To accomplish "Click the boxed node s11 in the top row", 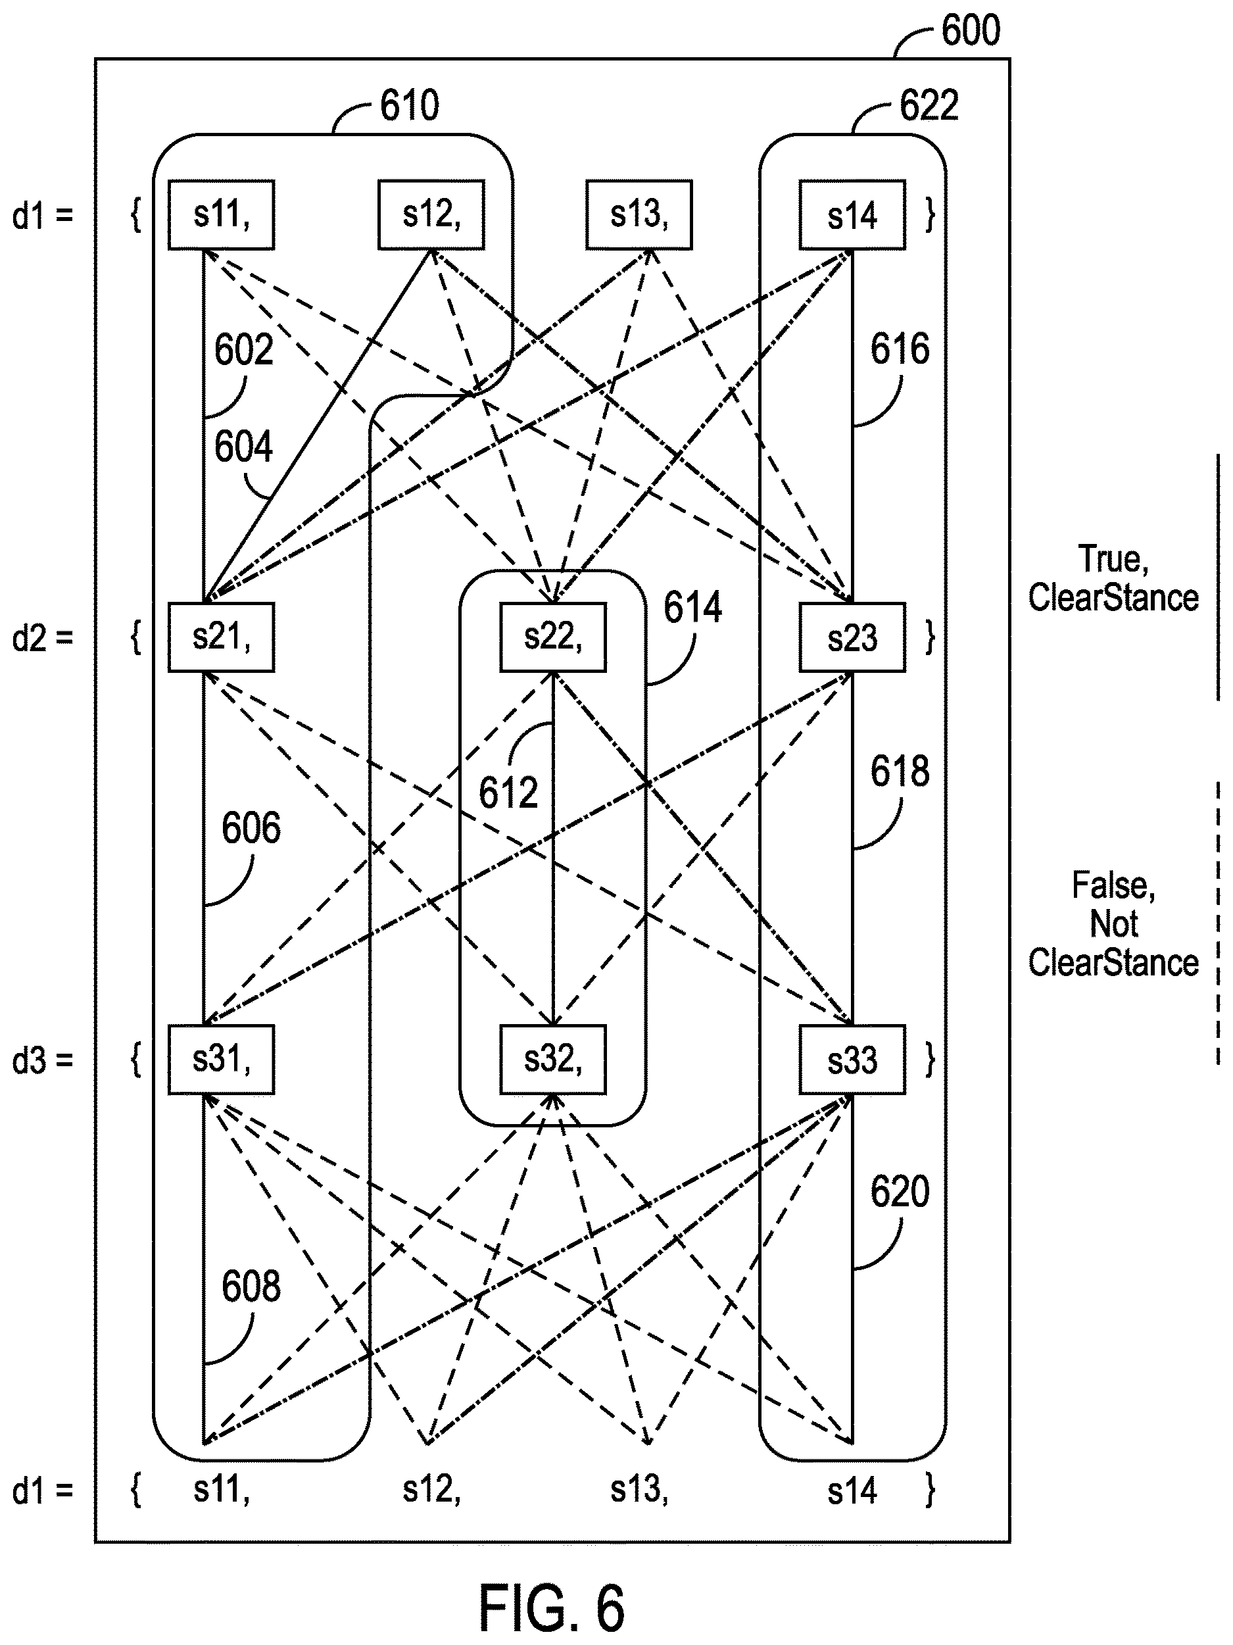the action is point(221,214).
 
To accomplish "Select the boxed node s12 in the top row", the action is point(431,214).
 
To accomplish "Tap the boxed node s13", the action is point(639,214).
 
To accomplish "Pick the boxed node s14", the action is point(852,214).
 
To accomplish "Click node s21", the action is point(221,637).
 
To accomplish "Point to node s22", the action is point(552,637).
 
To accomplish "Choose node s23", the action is point(852,637).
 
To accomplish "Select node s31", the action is point(221,1060).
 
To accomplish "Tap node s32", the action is point(552,1060).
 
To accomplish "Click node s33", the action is point(852,1060).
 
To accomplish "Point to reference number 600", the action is point(971,30).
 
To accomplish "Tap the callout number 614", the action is point(692,607).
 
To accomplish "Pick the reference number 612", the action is point(508,793).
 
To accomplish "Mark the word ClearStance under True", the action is point(1113,598).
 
